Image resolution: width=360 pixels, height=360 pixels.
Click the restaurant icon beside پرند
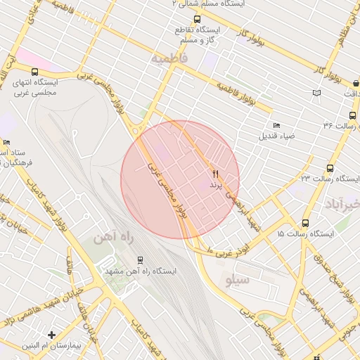(x=215, y=173)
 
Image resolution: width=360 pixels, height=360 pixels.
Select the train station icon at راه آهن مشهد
(x=141, y=259)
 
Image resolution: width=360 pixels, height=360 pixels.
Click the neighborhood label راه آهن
(x=112, y=238)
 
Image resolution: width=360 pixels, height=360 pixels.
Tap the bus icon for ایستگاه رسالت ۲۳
(x=330, y=169)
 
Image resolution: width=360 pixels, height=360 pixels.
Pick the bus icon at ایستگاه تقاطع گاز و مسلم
(x=196, y=20)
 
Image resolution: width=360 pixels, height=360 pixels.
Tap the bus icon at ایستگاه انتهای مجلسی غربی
(x=35, y=72)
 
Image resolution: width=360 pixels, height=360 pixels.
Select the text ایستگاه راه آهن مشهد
(x=141, y=271)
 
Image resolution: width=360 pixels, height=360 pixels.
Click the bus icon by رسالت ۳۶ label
(x=352, y=115)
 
